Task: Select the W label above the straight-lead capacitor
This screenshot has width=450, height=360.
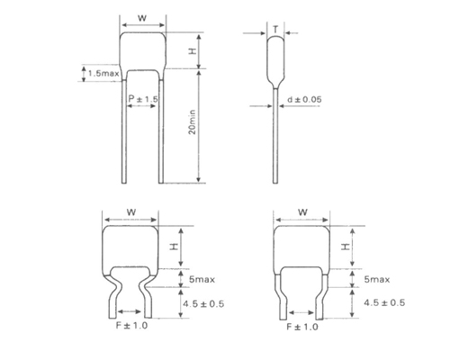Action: tap(141, 18)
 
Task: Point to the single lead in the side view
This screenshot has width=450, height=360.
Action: tap(274, 135)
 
